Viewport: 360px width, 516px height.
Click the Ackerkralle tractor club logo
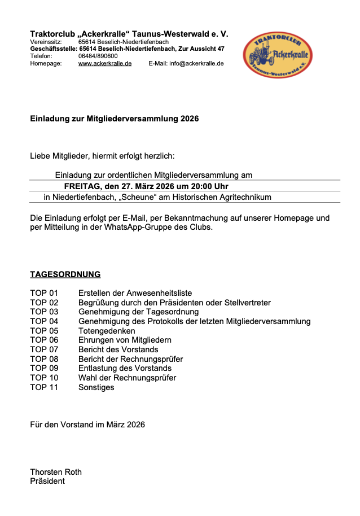tap(278, 55)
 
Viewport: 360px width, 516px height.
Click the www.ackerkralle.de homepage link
tap(105, 64)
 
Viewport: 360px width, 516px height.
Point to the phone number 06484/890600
tap(98, 56)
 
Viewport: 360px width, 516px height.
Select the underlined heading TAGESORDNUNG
tap(65, 275)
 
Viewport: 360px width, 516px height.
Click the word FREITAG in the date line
tap(82, 186)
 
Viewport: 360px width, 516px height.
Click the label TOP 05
tap(44, 331)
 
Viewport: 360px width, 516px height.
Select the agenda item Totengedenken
tap(107, 331)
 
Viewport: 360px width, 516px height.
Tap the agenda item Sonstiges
tap(96, 387)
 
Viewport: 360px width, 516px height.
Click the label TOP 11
tap(44, 387)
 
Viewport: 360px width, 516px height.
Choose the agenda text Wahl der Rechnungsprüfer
tap(127, 378)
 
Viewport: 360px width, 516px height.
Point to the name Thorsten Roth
tap(56, 472)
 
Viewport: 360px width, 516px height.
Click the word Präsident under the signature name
tap(47, 481)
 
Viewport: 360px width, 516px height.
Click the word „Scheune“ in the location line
tap(141, 198)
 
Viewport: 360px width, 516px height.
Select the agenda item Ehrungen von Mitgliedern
tap(125, 340)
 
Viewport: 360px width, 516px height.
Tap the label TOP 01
tap(44, 293)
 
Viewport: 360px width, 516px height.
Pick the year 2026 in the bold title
tap(190, 119)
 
